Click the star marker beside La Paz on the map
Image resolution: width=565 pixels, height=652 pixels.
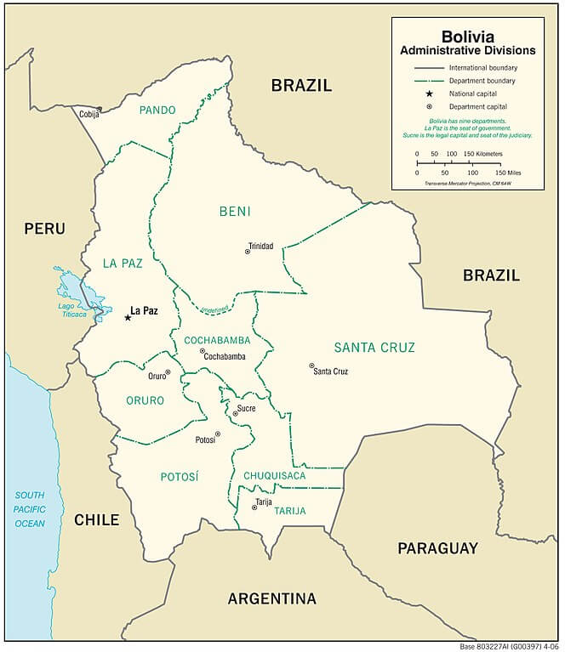pyautogui.click(x=128, y=317)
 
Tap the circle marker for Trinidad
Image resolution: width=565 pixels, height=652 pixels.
pyautogui.click(x=248, y=251)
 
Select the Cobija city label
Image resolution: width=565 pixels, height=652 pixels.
pyautogui.click(x=88, y=114)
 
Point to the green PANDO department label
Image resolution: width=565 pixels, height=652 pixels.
pyautogui.click(x=157, y=110)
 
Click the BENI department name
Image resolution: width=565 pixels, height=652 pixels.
pyautogui.click(x=235, y=211)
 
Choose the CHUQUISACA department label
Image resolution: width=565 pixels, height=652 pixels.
pyautogui.click(x=274, y=475)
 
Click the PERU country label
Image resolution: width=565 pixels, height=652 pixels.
pyautogui.click(x=44, y=228)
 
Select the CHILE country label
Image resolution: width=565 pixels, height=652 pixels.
pyautogui.click(x=96, y=519)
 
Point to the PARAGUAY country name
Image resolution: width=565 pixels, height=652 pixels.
pyautogui.click(x=437, y=548)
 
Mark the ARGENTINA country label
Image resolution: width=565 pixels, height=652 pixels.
pyautogui.click(x=271, y=598)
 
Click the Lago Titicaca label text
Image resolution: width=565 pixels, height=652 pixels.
pyautogui.click(x=72, y=309)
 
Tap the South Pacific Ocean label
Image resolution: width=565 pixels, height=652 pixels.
pyautogui.click(x=29, y=509)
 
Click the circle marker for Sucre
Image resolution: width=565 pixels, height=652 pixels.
pyautogui.click(x=236, y=414)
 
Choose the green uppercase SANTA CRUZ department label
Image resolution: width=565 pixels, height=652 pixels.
pyautogui.click(x=374, y=347)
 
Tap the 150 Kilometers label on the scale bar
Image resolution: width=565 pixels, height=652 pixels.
pyautogui.click(x=484, y=154)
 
